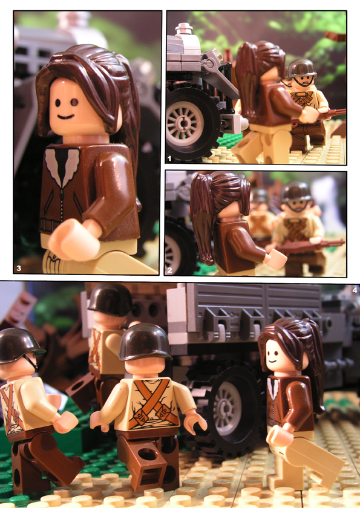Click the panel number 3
[x=19, y=268]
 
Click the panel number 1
[x=169, y=158]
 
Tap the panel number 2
[x=170, y=270]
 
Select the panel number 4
[x=355, y=290]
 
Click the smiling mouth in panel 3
[x=66, y=116]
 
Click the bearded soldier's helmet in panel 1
[x=301, y=68]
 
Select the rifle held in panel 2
[x=310, y=247]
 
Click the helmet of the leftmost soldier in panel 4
[x=19, y=346]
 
